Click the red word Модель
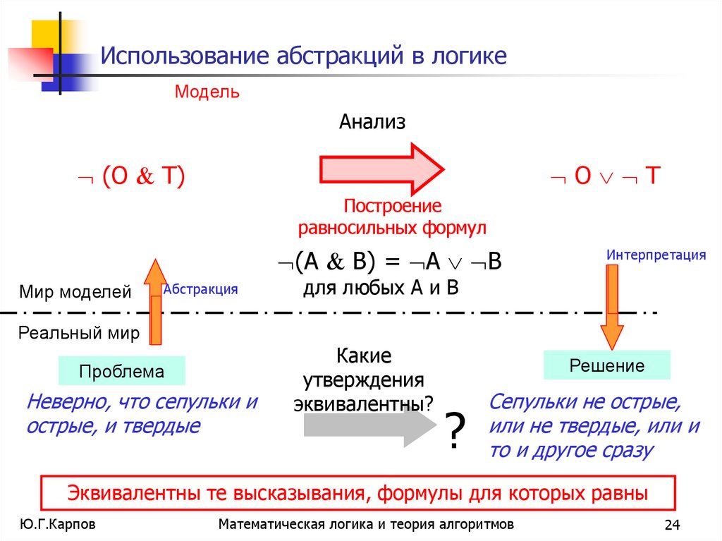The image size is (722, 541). pos(207,92)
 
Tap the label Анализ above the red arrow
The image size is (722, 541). pos(372,122)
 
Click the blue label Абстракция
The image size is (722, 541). pos(200,289)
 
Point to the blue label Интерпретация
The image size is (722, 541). pos(656,255)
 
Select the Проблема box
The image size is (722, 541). pos(121,371)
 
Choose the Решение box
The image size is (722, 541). pos(606,365)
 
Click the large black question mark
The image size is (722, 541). pos(455,432)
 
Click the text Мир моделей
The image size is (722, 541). pos(75,292)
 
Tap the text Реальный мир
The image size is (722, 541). pos(80,333)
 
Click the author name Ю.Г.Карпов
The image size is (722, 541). pos(59,524)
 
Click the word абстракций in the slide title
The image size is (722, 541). pos(341,56)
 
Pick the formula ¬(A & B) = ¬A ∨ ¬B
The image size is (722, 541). pos(388,262)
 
